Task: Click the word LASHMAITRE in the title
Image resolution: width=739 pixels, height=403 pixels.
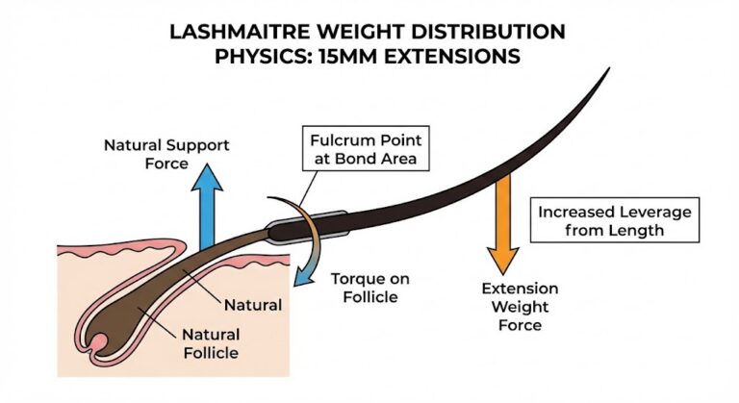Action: [240, 32]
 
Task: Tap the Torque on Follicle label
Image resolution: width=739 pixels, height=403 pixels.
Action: [370, 288]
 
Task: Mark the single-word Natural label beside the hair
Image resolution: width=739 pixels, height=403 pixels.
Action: [252, 305]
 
